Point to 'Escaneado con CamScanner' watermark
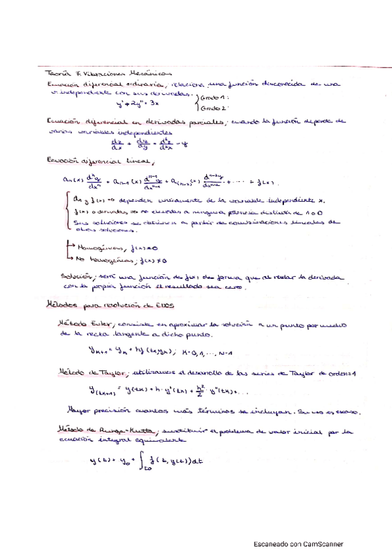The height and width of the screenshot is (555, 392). pos(298,544)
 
